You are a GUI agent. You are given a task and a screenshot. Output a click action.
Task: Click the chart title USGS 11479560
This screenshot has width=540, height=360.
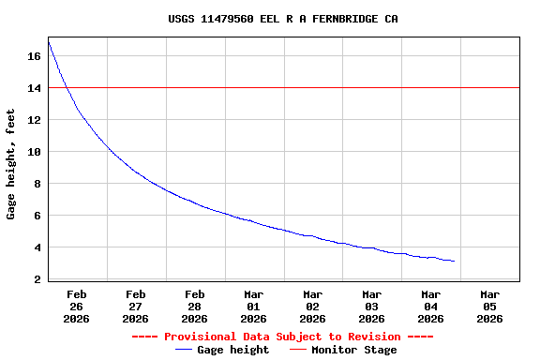269,19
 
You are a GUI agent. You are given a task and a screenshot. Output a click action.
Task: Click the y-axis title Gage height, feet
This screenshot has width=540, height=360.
11,164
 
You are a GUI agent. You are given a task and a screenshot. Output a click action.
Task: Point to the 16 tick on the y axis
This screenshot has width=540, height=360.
34,56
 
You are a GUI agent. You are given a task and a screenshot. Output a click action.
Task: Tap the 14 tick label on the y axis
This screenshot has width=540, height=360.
34,88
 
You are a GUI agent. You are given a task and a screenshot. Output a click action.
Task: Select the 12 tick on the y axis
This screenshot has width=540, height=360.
34,120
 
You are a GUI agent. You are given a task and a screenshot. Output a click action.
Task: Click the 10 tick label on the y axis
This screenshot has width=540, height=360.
34,152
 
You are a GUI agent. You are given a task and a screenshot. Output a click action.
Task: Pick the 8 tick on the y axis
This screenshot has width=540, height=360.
37,184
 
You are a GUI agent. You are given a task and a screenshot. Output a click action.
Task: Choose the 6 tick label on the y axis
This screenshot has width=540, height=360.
37,216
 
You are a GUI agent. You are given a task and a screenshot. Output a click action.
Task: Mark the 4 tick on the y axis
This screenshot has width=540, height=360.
37,247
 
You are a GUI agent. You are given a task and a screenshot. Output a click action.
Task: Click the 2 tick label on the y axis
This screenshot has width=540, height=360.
37,279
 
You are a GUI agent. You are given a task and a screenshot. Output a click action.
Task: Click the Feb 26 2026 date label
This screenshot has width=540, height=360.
77,306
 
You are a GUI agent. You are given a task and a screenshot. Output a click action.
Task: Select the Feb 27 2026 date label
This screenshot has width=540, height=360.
136,306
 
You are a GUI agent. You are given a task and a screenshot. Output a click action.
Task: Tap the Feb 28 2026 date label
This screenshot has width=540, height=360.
195,306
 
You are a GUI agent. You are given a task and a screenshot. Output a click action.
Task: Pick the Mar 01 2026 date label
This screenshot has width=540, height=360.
254,306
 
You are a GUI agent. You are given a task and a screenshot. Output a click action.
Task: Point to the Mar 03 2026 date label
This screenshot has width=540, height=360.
372,306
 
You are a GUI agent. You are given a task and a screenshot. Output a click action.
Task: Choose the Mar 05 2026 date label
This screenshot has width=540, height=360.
489,306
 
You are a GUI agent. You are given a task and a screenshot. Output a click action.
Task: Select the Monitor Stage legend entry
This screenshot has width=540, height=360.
343,350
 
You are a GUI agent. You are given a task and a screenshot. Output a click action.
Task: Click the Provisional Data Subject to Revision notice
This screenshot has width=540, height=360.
282,337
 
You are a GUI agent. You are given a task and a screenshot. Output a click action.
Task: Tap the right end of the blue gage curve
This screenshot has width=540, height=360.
455,261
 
